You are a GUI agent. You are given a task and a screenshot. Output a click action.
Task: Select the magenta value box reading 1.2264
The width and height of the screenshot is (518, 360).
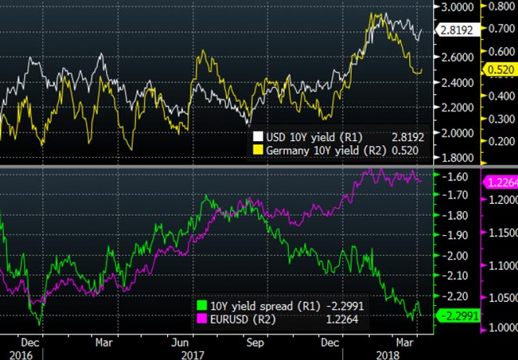click(x=498, y=182)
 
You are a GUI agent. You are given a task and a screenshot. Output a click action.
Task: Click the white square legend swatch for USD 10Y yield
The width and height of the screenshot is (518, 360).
click(x=256, y=135)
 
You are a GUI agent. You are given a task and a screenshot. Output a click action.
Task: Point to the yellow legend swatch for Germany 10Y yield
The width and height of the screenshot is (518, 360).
click(x=256, y=148)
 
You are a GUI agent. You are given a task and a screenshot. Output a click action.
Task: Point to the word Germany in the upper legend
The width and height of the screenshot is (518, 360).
click(x=288, y=148)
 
